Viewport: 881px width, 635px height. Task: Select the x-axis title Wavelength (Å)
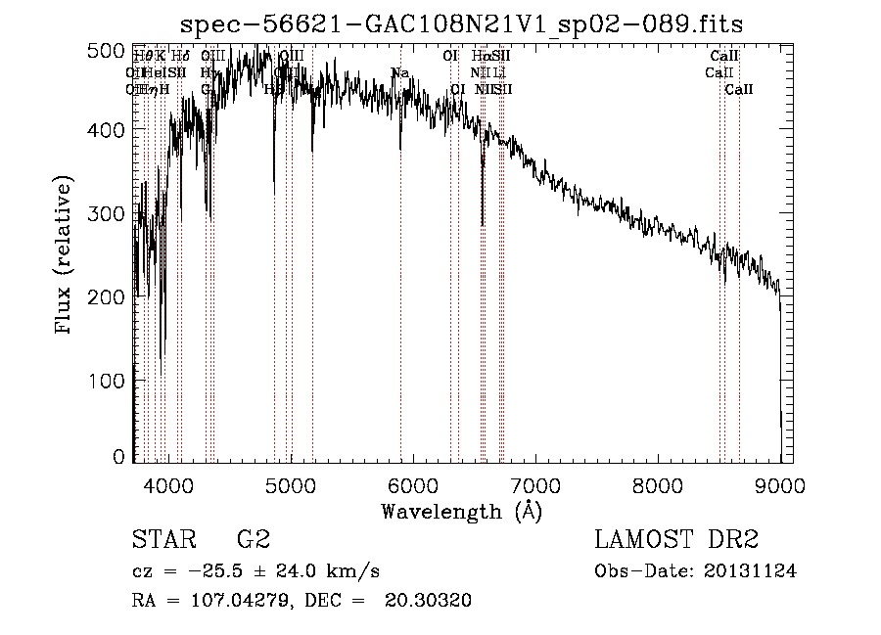tap(461, 511)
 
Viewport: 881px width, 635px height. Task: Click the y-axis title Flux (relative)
tap(66, 256)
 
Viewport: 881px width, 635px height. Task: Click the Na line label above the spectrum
tap(399, 73)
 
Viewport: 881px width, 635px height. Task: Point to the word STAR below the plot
tap(162, 539)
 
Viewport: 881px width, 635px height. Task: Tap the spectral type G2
tap(253, 539)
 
